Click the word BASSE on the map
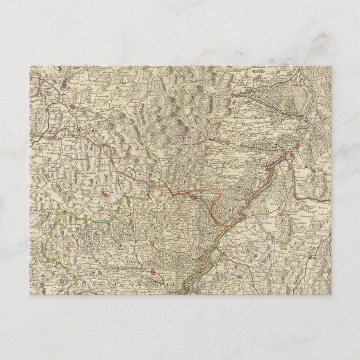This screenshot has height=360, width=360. click(x=101, y=285)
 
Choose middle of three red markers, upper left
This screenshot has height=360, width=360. click(x=73, y=104)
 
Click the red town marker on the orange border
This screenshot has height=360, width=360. click(x=194, y=197)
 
